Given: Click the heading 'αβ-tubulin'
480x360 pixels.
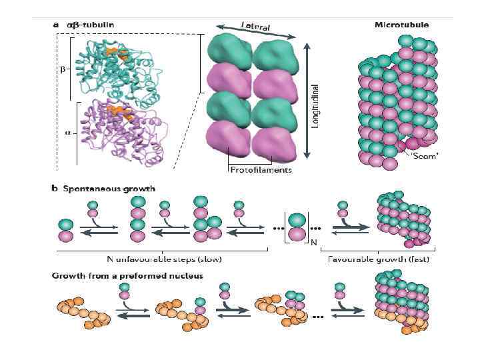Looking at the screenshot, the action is click(91, 25).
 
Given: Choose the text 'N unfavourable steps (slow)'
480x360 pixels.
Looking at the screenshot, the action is click(146, 257).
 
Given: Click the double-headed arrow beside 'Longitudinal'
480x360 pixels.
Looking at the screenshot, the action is click(306, 100).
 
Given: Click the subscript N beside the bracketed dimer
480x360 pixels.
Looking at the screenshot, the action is click(313, 243).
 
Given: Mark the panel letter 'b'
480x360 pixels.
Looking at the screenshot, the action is click(55, 189).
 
